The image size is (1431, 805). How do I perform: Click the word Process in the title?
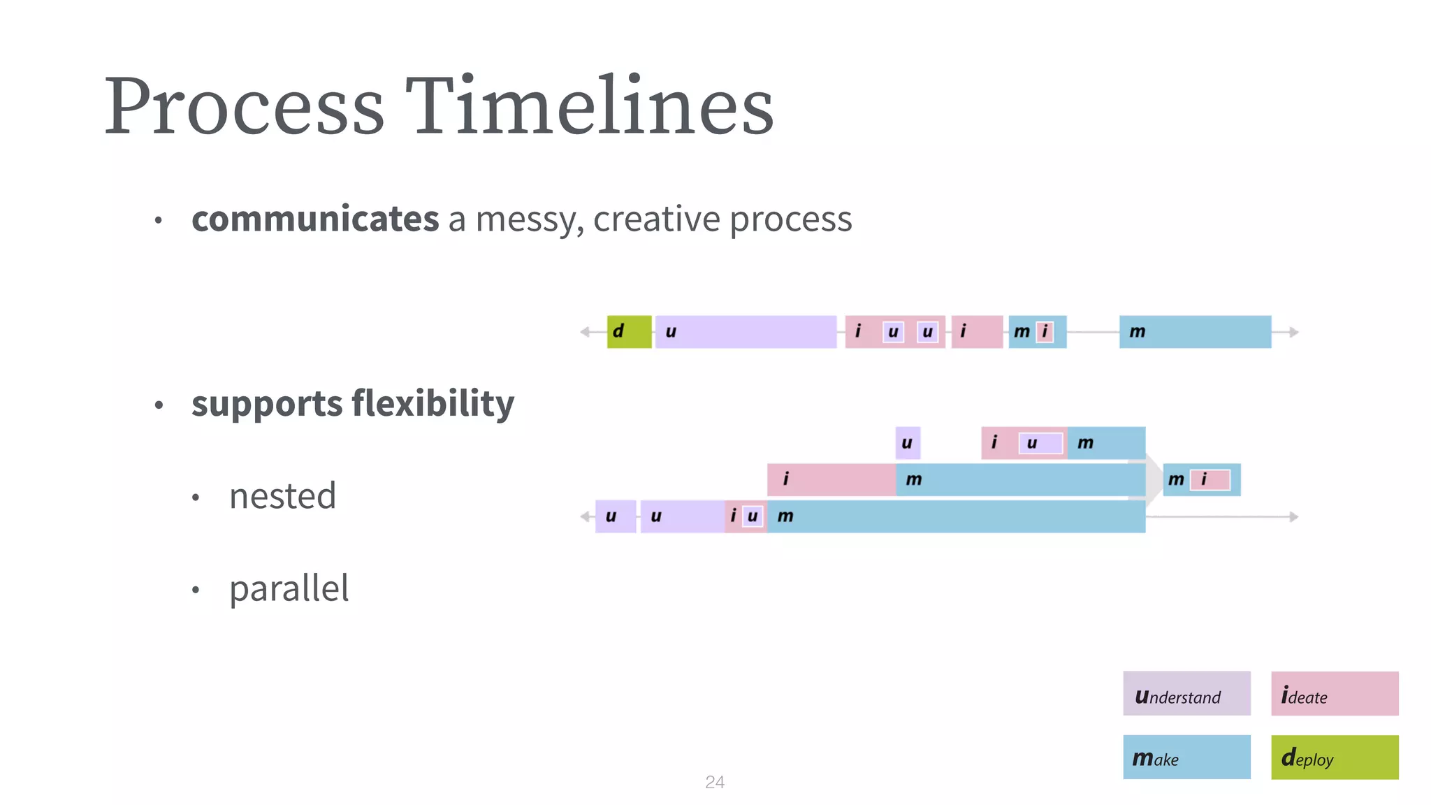coord(244,106)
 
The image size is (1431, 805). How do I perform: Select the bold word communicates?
coord(315,219)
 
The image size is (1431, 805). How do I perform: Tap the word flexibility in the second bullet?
coord(433,403)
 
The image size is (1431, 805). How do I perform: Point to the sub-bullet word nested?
coord(282,496)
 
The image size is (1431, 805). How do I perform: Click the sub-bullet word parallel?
coord(289,588)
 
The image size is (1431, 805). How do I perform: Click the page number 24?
coord(714,782)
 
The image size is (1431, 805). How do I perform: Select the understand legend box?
coord(1186,693)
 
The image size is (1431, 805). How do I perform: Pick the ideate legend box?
coord(1334,693)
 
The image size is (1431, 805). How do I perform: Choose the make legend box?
coord(1186,757)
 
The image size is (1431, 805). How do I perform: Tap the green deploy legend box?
coord(1334,757)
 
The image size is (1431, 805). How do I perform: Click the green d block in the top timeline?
coord(629,332)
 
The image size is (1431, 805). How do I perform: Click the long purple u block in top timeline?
coord(746,332)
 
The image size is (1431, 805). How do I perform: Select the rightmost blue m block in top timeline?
coord(1195,332)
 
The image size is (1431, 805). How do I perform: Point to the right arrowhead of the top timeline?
coord(1294,332)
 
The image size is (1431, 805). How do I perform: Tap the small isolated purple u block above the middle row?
coord(907,442)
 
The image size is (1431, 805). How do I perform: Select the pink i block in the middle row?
coord(831,479)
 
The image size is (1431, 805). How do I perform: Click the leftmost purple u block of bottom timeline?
coord(615,516)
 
